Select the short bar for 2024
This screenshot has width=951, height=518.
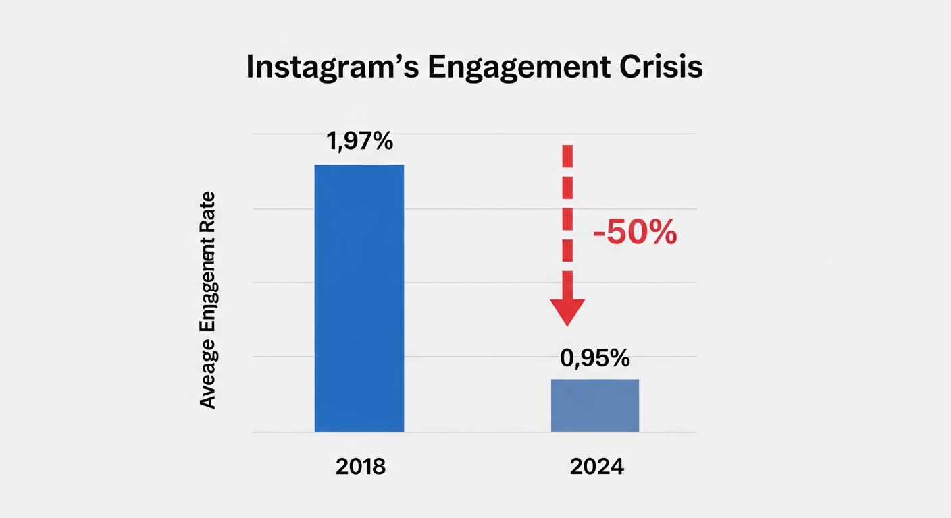pos(594,405)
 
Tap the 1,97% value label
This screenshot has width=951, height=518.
pos(359,142)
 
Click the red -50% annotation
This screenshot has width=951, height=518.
pos(634,233)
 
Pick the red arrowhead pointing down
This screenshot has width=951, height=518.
pos(567,310)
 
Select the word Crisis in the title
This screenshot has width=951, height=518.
pos(659,69)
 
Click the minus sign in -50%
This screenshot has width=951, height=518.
pos(598,235)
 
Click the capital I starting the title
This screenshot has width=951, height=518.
pos(250,69)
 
